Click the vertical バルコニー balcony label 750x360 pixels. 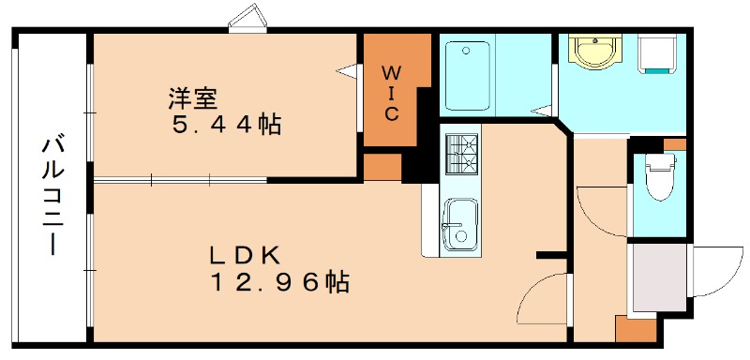coord(52,197)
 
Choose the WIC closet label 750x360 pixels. coord(393,92)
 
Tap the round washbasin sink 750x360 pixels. coord(592,52)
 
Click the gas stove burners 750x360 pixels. coord(460,154)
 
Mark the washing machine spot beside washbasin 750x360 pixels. coord(660,54)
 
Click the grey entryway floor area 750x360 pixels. coord(658,277)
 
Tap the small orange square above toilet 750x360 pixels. coord(674,144)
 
